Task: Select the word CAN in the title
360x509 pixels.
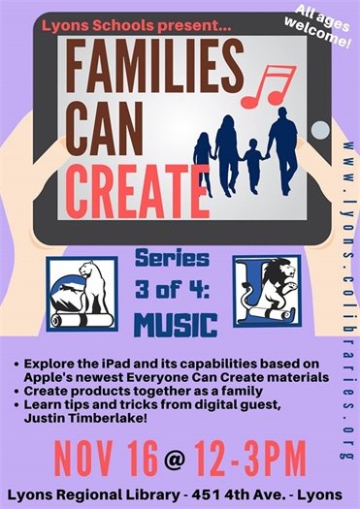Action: coord(96,124)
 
